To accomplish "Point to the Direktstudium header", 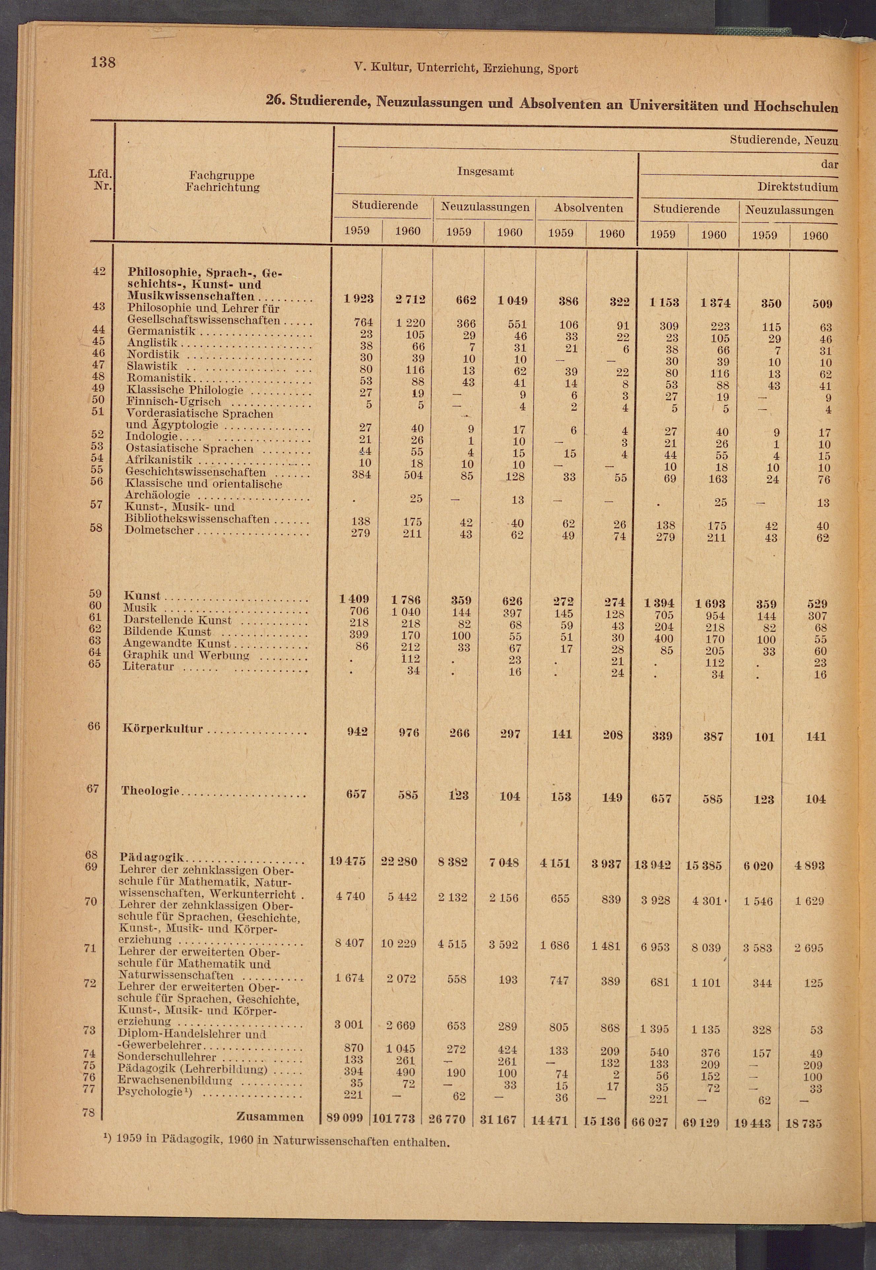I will [x=797, y=187].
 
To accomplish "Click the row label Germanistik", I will [x=161, y=331].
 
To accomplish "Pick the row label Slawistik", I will [x=152, y=366].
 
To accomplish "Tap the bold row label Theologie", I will [x=150, y=791].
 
